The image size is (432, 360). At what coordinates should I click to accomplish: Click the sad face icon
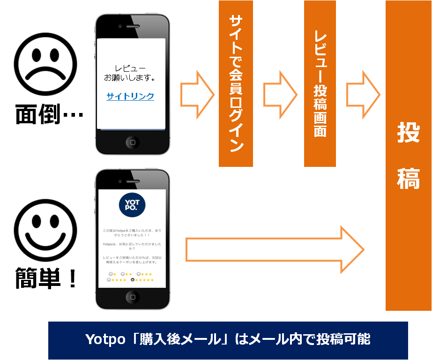coord(45,61)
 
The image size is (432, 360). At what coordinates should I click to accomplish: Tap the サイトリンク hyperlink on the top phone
coord(130,97)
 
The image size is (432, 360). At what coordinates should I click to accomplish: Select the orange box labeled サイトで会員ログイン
coord(236,83)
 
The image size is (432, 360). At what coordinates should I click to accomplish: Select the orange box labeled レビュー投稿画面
coord(320,83)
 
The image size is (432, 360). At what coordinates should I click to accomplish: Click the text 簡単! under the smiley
coord(45,278)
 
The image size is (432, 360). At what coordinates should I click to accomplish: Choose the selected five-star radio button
coord(133,280)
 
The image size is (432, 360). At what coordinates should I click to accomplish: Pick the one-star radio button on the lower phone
coord(110,274)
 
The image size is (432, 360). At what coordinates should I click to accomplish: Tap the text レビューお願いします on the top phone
coord(130,73)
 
